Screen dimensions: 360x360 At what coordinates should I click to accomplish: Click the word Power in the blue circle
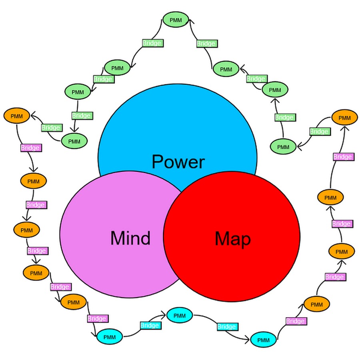tap(178, 162)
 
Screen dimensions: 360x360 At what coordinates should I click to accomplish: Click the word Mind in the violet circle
tap(130, 238)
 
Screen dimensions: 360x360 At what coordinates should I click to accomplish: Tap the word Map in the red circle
tap(233, 239)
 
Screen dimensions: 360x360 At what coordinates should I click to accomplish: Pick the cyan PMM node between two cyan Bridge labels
tap(180, 316)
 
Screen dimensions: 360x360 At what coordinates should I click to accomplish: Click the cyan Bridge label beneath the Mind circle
tap(150, 325)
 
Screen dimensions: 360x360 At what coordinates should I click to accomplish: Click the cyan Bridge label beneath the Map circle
tap(226, 327)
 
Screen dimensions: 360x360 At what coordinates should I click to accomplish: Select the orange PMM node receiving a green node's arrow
tap(17, 116)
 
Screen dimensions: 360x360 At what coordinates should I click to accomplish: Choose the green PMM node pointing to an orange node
tap(74, 141)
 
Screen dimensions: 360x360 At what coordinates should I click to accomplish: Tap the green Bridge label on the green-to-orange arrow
tap(51, 128)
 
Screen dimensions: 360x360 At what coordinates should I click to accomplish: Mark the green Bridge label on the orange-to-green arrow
tap(319, 131)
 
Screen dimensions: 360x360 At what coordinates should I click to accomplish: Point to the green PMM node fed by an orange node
tap(283, 147)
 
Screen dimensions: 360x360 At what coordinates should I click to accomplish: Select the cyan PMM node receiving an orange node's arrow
tap(110, 337)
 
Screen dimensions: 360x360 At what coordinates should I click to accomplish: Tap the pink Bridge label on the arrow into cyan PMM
tap(97, 319)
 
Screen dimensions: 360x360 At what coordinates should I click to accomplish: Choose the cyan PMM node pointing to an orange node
tap(263, 340)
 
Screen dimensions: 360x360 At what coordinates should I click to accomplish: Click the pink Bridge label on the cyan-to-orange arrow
tap(296, 321)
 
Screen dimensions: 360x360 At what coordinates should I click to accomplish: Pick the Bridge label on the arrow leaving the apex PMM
tap(152, 43)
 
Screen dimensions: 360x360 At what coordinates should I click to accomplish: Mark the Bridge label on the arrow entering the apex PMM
tap(206, 43)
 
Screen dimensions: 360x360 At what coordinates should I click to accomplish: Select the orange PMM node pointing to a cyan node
tap(74, 302)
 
